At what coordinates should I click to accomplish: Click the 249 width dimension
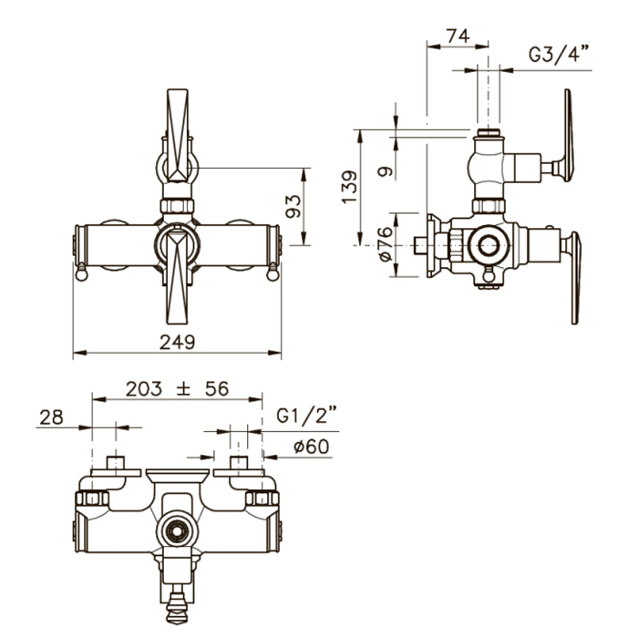tap(177, 342)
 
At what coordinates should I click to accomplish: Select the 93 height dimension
tap(293, 206)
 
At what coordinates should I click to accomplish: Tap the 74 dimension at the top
tap(458, 36)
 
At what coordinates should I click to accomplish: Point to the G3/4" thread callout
tap(559, 54)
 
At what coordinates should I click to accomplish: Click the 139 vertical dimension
tap(349, 187)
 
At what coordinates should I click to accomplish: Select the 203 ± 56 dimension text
tap(177, 389)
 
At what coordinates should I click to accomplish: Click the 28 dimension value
tap(52, 417)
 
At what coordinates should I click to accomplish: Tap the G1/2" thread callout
tap(306, 416)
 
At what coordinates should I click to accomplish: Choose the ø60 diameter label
tap(312, 447)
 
